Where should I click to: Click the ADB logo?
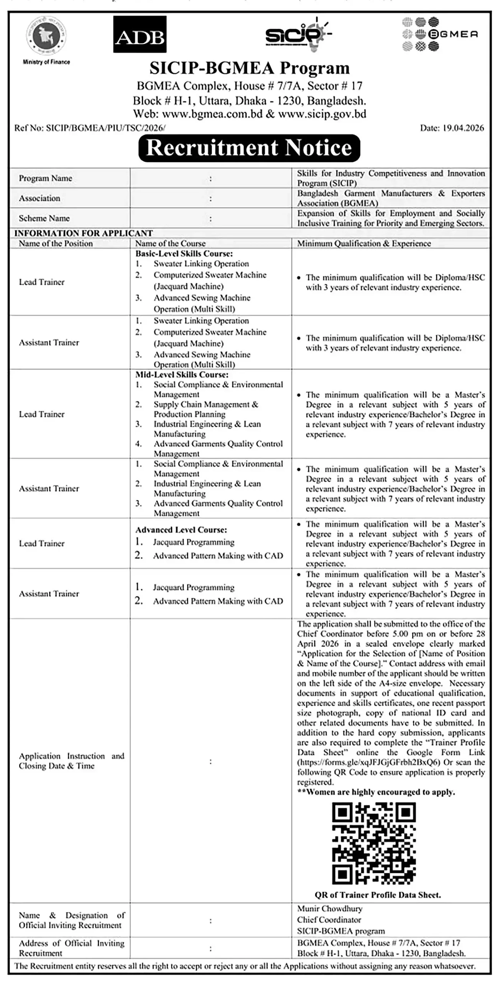coord(140,34)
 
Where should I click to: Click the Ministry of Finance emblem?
coord(46,37)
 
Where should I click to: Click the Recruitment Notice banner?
coord(249,148)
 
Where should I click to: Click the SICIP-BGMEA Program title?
coord(249,68)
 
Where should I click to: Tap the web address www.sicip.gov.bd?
coord(322,114)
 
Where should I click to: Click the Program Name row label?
coord(46,178)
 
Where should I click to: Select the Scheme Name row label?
coord(44,218)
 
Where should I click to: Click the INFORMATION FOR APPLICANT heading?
coord(84,233)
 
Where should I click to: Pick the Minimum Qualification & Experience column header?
coord(364,243)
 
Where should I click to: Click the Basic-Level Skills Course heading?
coord(184,253)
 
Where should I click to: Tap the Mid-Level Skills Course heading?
coord(182,374)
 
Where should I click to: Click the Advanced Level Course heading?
coord(181,530)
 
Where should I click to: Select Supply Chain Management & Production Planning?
coord(205,409)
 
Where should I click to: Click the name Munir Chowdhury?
coord(329,909)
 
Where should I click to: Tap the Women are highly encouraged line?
coord(376,792)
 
